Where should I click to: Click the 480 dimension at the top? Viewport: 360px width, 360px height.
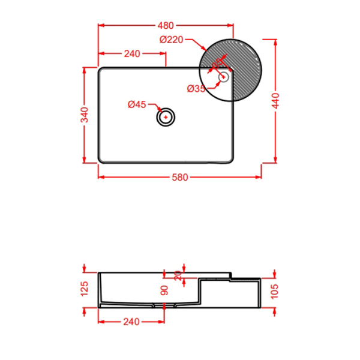[166, 25]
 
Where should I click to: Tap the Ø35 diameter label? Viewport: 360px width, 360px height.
[196, 89]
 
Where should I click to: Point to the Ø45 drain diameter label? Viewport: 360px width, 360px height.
[137, 105]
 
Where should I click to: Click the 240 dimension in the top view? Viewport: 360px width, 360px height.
[131, 53]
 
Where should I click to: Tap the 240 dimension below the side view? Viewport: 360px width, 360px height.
[131, 322]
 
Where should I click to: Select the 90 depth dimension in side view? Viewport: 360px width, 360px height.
[164, 292]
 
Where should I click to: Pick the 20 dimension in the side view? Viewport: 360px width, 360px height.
[177, 275]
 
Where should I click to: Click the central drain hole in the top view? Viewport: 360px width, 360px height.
[166, 117]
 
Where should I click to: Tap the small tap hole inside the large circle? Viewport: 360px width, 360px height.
[224, 76]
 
